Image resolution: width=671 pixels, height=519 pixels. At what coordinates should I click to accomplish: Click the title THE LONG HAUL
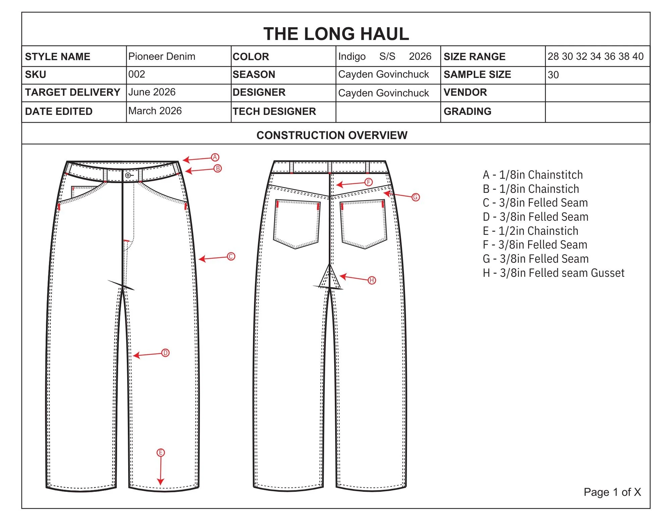coord(336,34)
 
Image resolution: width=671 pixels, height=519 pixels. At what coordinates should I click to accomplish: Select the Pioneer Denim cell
coord(162,56)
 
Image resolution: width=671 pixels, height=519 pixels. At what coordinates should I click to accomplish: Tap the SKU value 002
coord(137,74)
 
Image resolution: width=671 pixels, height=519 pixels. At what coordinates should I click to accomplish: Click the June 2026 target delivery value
coord(152,92)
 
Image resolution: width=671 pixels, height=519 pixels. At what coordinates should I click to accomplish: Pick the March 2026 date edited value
coord(155,111)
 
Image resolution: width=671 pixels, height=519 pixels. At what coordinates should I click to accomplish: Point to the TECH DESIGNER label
coord(274,112)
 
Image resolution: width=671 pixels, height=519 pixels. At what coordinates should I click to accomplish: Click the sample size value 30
coord(553,75)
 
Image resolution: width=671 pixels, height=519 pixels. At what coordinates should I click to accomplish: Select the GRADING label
coord(467,112)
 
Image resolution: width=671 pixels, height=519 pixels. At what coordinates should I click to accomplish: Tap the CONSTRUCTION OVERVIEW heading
coord(332,135)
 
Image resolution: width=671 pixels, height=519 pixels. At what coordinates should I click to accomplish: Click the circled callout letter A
coord(215,157)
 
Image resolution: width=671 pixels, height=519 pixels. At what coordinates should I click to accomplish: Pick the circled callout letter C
coord(231,257)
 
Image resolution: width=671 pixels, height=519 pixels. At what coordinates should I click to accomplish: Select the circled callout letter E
coord(161,452)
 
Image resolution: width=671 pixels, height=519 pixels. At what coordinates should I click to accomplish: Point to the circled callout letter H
coord(372,280)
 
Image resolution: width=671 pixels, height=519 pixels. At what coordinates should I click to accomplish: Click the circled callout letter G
coord(415,197)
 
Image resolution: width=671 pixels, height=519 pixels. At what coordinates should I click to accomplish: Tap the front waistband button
coord(128,175)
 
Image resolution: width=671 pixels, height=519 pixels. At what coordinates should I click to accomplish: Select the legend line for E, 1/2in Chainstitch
coord(530,231)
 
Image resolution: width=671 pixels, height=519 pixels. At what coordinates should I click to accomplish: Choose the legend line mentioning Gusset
coord(554,273)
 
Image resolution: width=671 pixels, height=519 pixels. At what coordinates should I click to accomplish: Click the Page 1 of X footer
coord(612,492)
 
